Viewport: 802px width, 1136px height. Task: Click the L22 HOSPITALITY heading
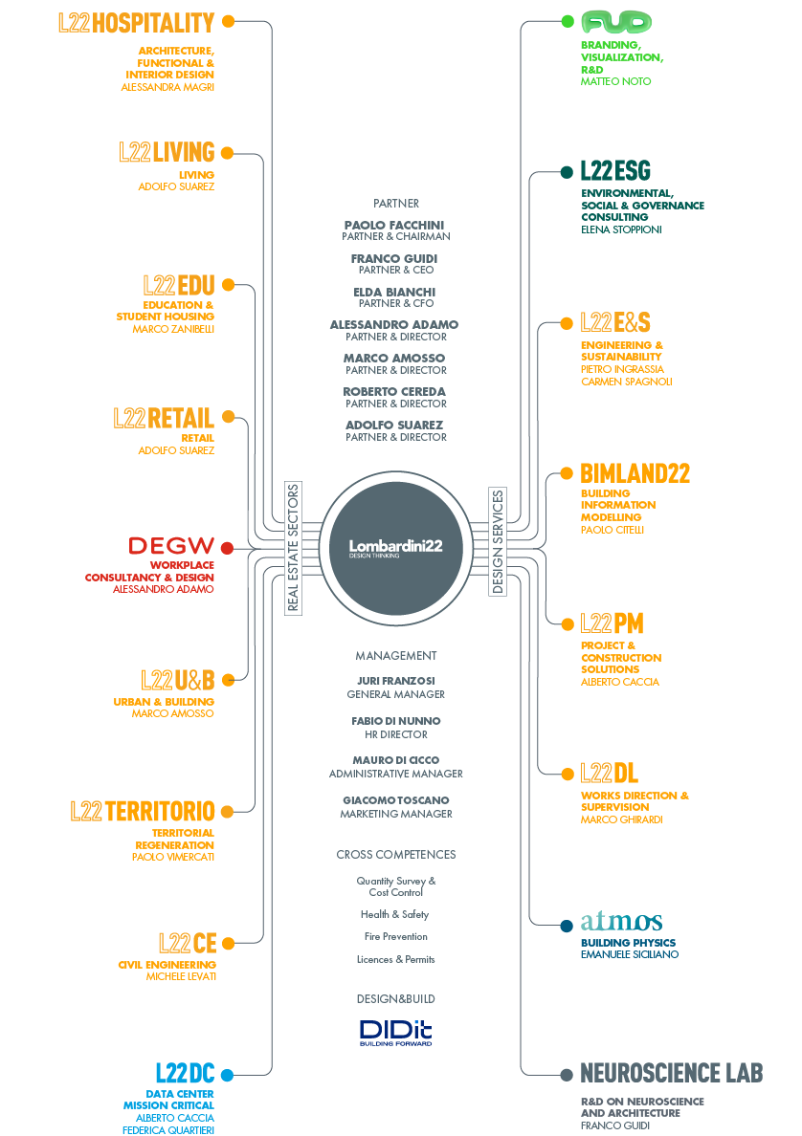point(136,22)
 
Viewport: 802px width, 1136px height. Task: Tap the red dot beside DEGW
point(227,548)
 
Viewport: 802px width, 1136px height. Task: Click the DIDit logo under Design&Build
point(395,1032)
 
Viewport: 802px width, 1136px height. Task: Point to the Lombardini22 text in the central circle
point(395,545)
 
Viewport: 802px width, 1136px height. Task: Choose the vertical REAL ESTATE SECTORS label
point(293,548)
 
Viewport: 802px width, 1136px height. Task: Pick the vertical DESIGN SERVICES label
point(498,542)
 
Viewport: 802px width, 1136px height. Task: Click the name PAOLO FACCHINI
point(394,225)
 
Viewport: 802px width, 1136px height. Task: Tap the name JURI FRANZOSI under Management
point(395,681)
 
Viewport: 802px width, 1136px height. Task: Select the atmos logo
point(620,922)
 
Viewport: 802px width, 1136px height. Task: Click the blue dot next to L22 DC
point(227,1075)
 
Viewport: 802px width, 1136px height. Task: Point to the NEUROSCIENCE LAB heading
point(672,1073)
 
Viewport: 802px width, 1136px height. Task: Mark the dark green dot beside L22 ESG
point(567,172)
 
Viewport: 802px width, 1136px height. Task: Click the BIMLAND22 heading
point(635,473)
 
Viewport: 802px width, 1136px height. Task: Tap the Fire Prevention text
point(395,937)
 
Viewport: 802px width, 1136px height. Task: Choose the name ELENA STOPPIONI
point(621,229)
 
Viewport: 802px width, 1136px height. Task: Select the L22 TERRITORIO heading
point(143,811)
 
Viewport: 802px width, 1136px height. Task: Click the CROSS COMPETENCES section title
point(395,854)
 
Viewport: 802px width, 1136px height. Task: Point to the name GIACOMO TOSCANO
point(395,799)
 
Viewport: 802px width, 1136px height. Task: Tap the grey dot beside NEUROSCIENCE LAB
point(567,1075)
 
